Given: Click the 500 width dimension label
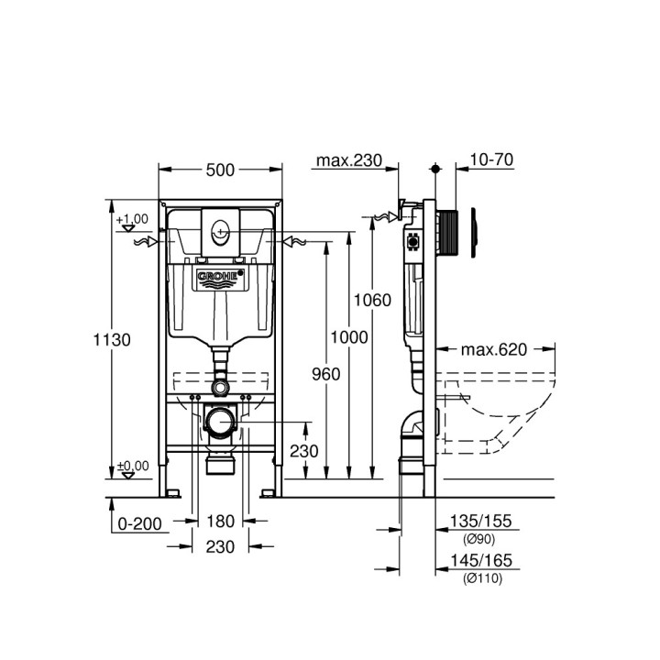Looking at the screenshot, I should pyautogui.click(x=221, y=170).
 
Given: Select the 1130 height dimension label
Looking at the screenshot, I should pyautogui.click(x=111, y=339).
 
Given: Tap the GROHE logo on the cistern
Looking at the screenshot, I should pyautogui.click(x=221, y=276).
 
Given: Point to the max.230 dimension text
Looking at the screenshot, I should pyautogui.click(x=348, y=160).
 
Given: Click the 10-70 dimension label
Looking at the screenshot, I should pyautogui.click(x=490, y=160).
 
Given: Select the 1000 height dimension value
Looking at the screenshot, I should pyautogui.click(x=349, y=337).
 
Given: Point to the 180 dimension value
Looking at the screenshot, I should pyautogui.click(x=221, y=522).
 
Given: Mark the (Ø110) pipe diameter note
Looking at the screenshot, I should pyautogui.click(x=483, y=577).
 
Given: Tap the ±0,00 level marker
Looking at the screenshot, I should pyautogui.click(x=132, y=467).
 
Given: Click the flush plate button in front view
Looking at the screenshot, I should pyautogui.click(x=221, y=233).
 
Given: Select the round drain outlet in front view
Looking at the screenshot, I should pyautogui.click(x=220, y=423).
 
